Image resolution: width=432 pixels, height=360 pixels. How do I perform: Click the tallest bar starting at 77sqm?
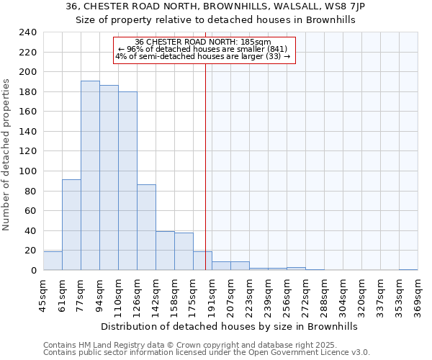click(x=90, y=176)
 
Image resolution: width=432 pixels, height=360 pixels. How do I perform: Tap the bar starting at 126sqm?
click(x=146, y=228)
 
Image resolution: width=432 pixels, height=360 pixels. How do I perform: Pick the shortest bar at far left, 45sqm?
click(x=53, y=261)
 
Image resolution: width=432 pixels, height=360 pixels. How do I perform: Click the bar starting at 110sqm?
click(x=127, y=181)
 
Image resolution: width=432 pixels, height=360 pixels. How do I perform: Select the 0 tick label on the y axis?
click(x=33, y=271)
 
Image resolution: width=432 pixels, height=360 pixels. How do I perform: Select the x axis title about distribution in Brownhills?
click(x=229, y=326)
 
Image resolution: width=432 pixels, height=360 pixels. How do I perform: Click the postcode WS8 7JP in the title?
click(x=347, y=6)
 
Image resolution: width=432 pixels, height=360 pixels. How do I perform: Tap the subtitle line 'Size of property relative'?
click(x=216, y=20)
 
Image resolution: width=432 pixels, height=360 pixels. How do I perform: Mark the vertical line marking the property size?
click(x=205, y=166)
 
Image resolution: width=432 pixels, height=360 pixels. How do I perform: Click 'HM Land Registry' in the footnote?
click(x=105, y=345)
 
